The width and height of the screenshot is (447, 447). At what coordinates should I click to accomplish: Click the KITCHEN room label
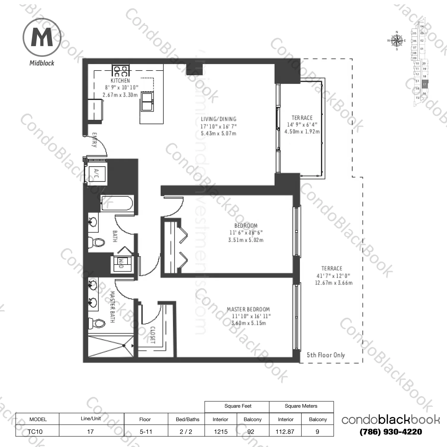[120, 81]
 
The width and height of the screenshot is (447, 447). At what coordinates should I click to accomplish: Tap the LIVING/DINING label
[218, 119]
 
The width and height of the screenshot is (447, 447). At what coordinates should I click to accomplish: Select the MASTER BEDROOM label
[248, 309]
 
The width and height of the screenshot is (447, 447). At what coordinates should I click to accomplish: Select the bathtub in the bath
[117, 204]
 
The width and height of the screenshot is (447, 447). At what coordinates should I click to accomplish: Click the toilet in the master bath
[98, 323]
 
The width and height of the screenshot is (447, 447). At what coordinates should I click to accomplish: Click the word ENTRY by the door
[95, 140]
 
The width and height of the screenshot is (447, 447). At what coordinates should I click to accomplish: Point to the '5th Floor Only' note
[326, 355]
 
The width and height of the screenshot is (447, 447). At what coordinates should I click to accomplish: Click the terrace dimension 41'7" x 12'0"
[333, 276]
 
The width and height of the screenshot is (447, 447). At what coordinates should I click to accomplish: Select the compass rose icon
[396, 40]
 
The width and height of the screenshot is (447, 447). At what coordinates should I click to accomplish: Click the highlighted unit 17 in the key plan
[424, 85]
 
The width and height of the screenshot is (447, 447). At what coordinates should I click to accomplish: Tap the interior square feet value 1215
[221, 432]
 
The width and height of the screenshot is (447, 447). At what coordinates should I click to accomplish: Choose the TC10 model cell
[35, 432]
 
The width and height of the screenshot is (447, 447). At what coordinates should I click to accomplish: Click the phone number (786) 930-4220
[391, 432]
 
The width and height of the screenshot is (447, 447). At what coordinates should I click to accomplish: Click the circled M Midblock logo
[42, 37]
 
